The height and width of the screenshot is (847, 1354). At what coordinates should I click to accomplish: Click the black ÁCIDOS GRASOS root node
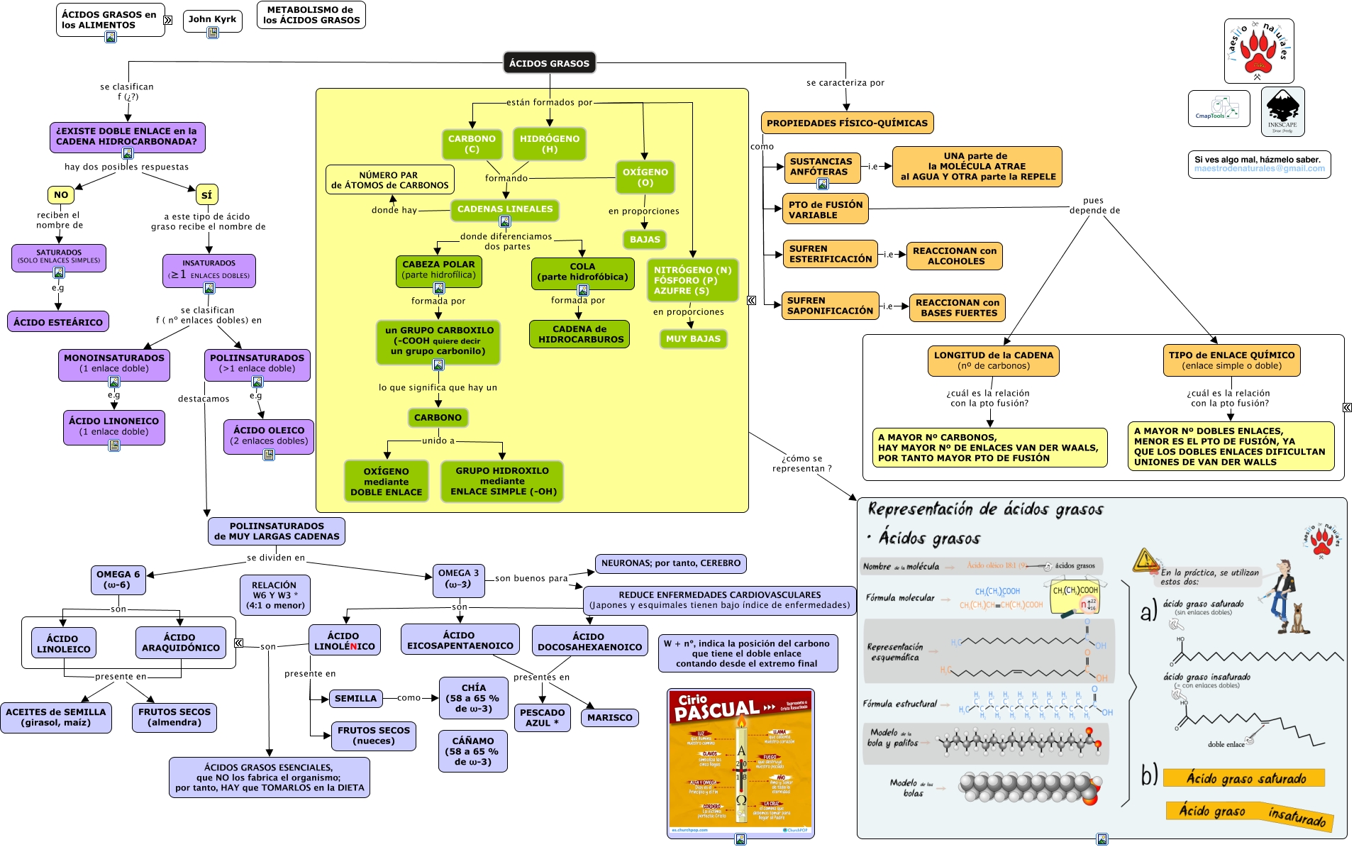[549, 63]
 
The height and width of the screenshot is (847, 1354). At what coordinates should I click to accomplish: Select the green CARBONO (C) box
[472, 144]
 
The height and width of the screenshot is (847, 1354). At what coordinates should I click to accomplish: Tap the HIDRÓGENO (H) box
[549, 144]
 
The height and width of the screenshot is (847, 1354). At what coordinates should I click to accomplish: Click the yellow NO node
[61, 195]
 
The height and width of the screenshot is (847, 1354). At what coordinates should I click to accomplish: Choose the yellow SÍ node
[206, 195]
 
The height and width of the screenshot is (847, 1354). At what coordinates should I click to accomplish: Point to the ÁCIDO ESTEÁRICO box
[58, 322]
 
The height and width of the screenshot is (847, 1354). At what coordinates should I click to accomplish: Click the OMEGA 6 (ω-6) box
[118, 580]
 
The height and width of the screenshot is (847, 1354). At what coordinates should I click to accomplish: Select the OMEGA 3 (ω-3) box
[458, 579]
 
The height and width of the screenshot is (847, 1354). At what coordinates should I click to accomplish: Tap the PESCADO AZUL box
[542, 718]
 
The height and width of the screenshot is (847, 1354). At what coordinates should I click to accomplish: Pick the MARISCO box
[609, 718]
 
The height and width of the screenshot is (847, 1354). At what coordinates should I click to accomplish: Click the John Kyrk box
[212, 19]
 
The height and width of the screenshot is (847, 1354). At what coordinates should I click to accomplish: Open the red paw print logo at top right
[1259, 51]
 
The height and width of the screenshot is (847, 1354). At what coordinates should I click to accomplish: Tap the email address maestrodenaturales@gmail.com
[1259, 169]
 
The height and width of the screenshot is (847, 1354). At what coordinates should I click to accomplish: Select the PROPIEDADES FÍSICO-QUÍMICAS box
[847, 123]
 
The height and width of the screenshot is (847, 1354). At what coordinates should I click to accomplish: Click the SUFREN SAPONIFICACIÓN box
[830, 306]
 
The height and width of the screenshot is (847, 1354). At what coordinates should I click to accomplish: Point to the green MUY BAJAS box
[693, 339]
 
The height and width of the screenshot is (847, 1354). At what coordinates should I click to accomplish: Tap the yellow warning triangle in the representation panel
[1145, 560]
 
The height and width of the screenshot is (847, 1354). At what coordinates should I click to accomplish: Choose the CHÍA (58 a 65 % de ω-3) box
[474, 698]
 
